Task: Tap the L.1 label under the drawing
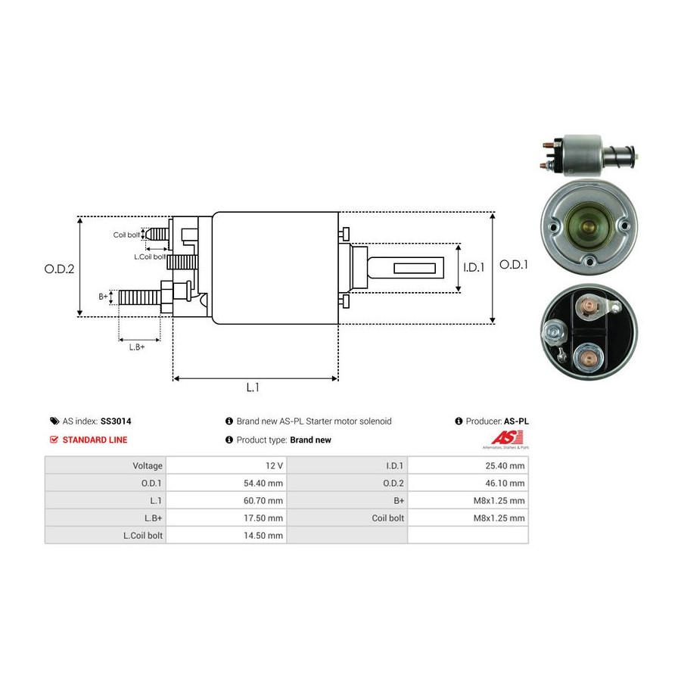pyautogui.click(x=253, y=387)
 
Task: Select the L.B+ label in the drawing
pyautogui.click(x=136, y=347)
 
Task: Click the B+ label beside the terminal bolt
pyautogui.click(x=104, y=297)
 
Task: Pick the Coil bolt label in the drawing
pyautogui.click(x=126, y=235)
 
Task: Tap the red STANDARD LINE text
pyautogui.click(x=95, y=440)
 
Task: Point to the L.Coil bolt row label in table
pyautogui.click(x=143, y=536)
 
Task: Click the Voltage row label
pyautogui.click(x=147, y=466)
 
